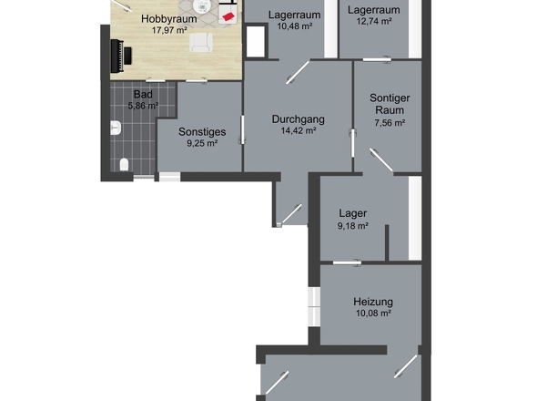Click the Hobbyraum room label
click(169, 19)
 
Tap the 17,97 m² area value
click(169, 30)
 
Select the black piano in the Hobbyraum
click(121, 56)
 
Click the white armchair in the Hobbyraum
click(201, 43)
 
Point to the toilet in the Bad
click(124, 165)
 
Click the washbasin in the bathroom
click(116, 128)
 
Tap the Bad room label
click(143, 94)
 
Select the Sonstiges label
click(202, 132)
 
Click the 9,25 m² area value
click(202, 143)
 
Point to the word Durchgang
click(298, 119)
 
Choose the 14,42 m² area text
click(298, 130)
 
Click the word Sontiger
click(390, 98)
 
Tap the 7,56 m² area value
click(390, 123)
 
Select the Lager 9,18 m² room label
click(353, 220)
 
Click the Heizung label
click(373, 302)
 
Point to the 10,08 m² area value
click(373, 314)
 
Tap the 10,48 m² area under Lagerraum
click(295, 26)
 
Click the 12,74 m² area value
click(374, 21)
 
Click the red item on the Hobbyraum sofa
click(228, 15)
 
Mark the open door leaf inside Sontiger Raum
click(381, 159)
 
